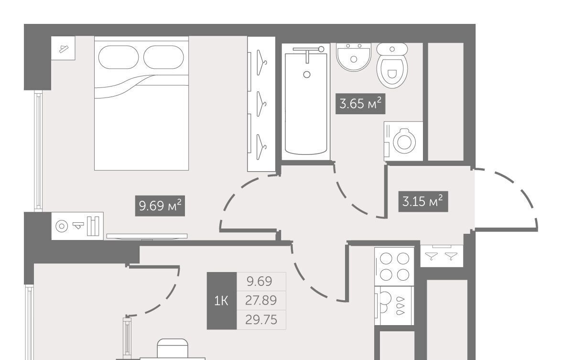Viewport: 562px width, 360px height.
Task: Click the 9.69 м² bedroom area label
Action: pos(160,206)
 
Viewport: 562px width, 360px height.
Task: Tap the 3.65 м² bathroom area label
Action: pos(360,104)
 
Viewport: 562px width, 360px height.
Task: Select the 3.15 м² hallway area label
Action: pos(423,202)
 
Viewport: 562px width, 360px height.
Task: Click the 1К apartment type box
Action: pos(222,301)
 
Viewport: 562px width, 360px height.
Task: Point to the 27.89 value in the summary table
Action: pos(261,300)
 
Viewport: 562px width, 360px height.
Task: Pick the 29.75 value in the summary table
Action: pos(261,319)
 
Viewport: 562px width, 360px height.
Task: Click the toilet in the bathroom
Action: pos(392,65)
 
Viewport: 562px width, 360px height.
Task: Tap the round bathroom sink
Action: pos(354,57)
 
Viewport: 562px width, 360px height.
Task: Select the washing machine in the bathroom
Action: pos(403,141)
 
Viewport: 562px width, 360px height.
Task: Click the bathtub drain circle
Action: pos(307,75)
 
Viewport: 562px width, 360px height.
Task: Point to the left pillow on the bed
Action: pos(119,57)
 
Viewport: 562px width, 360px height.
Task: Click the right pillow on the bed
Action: pos(164,57)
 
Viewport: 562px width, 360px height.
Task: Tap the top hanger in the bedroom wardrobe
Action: pos(262,62)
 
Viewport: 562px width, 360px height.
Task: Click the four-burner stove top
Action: pos(394,266)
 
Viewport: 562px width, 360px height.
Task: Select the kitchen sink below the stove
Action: pos(394,306)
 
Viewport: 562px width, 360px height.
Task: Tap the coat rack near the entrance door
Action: pos(442,255)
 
